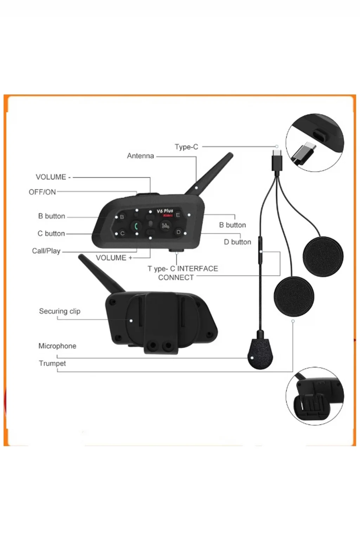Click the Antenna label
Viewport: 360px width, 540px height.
(x=140, y=156)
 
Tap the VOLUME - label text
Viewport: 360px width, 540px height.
(x=53, y=177)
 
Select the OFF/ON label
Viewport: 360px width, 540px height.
(x=42, y=192)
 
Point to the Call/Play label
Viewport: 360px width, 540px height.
(x=46, y=251)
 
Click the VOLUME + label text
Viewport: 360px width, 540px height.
(x=114, y=258)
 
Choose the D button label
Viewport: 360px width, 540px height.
(x=238, y=242)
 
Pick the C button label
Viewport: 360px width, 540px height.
(x=51, y=233)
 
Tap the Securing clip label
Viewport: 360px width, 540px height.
(x=59, y=311)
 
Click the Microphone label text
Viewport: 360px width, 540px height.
(x=57, y=346)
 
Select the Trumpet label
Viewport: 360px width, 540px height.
(x=52, y=363)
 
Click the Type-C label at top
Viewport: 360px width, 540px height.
(x=186, y=147)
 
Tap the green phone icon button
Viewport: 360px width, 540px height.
(x=136, y=226)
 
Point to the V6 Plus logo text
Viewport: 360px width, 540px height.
(x=165, y=211)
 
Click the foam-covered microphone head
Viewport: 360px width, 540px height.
(x=261, y=353)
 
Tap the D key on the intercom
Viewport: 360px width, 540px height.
(x=179, y=232)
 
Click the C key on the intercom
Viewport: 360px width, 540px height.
(x=122, y=233)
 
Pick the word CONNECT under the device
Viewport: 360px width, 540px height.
(x=176, y=277)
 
